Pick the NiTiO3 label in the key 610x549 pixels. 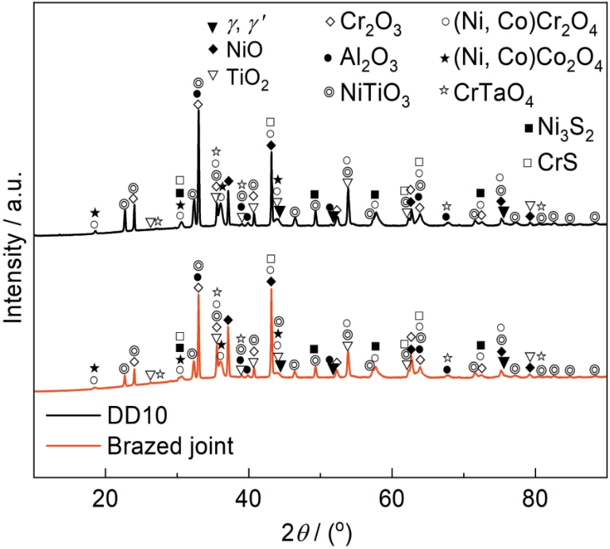coord(380,97)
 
